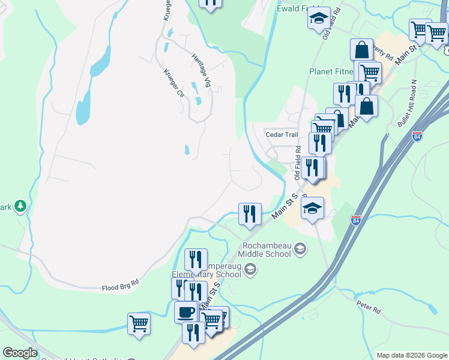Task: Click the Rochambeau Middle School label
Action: click(267, 249)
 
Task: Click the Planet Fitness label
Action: click(330, 71)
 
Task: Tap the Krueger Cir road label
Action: click(173, 83)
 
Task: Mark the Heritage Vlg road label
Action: click(202, 70)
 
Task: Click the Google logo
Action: click(20, 353)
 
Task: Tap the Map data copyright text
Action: click(411, 355)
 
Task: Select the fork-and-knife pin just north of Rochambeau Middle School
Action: click(250, 214)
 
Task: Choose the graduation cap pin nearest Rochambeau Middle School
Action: click(312, 208)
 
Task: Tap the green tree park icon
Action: click(20, 207)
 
